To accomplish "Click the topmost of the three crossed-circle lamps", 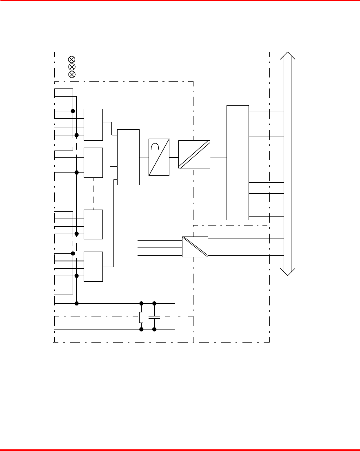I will tap(71, 60).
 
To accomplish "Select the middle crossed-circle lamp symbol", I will tap(71, 66).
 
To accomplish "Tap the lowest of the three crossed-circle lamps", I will tap(71, 74).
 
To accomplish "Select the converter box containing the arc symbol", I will tap(159, 157).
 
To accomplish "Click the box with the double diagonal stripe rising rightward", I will tap(194, 154).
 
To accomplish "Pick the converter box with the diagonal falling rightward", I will tap(195, 247).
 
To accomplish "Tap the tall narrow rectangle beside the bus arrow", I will tap(238, 162).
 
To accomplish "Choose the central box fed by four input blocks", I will tap(128, 157).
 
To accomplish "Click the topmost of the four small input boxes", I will tap(93, 124).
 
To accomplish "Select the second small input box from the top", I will tap(93, 163).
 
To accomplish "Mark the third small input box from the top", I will tap(93, 224).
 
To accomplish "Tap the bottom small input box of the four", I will tap(93, 266).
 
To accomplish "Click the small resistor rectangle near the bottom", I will tap(141, 317).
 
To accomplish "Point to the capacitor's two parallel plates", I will tap(154, 317).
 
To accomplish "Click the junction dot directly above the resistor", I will tap(141, 303).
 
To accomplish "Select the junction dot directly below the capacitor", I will tap(154, 329).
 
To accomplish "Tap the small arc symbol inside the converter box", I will tap(156, 147).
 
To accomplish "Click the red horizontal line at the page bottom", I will tap(180, 450).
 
